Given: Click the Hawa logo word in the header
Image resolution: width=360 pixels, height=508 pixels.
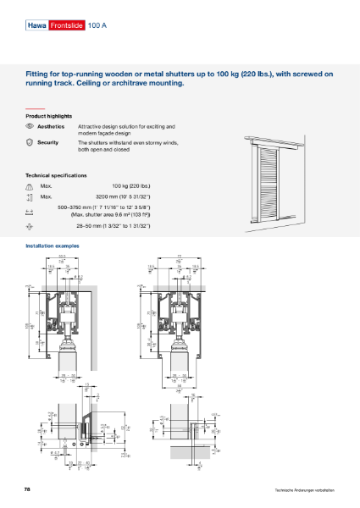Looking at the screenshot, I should [36, 27].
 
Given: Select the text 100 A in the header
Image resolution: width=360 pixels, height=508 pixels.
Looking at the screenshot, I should [98, 27].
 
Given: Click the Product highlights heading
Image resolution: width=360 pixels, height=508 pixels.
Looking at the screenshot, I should [48, 116].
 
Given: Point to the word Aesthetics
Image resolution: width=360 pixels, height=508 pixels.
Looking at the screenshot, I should [51, 125].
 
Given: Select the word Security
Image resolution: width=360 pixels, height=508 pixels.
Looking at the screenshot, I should [48, 142].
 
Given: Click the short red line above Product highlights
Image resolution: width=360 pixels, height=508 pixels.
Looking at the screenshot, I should [34, 108].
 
